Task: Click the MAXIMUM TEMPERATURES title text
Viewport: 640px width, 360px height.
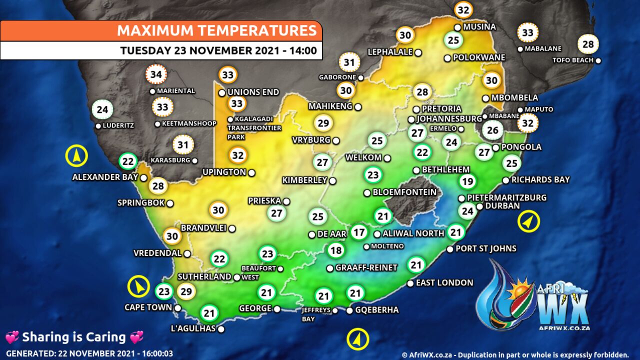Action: pos(216,30)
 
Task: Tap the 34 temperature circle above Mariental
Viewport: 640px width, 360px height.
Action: pos(156,75)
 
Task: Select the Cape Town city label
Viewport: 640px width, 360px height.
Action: pos(148,307)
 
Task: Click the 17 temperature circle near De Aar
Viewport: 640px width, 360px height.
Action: pos(358,232)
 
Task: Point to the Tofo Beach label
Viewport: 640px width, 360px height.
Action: pos(572,60)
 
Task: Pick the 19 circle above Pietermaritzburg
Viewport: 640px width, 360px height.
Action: pos(467,181)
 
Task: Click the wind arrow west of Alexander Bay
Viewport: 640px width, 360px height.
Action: pos(76,156)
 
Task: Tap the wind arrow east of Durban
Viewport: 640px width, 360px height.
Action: pos(528,221)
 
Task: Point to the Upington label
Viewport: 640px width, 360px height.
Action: pos(224,172)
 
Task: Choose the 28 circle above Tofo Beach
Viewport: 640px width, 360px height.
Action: pos(588,44)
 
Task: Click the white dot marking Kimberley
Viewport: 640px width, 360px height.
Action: pos(332,180)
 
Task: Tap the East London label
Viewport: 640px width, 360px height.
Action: pos(444,283)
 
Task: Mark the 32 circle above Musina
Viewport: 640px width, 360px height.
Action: pos(463,9)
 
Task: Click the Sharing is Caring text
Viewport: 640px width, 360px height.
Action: pos(74,337)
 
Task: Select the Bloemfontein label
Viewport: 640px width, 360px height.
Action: pos(404,192)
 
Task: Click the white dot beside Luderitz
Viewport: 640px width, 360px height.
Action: pos(98,126)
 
